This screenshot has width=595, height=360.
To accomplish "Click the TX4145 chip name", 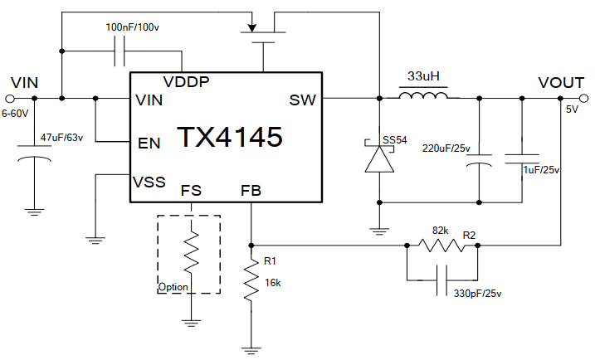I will (x=229, y=137).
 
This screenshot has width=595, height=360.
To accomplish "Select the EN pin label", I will (x=149, y=143).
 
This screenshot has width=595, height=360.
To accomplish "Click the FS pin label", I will (x=191, y=191).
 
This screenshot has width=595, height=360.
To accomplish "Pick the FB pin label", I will (x=251, y=191).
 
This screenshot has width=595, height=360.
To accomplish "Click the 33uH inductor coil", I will (x=423, y=98).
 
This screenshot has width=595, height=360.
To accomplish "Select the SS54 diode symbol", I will (x=379, y=158).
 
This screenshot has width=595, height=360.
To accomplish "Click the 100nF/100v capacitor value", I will (x=133, y=27).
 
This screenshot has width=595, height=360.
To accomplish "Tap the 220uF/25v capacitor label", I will (x=446, y=149).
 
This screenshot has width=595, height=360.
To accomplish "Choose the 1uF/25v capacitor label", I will (x=541, y=170).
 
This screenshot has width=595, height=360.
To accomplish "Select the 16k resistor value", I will (x=274, y=282).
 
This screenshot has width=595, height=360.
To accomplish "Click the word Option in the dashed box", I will (x=173, y=288).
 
